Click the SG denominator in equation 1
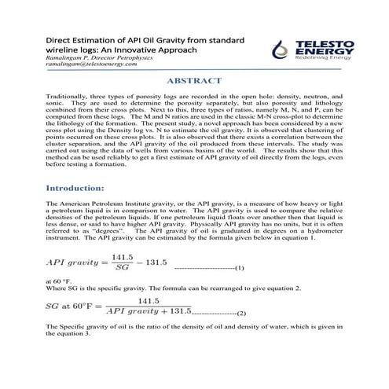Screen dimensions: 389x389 (x=121, y=268)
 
